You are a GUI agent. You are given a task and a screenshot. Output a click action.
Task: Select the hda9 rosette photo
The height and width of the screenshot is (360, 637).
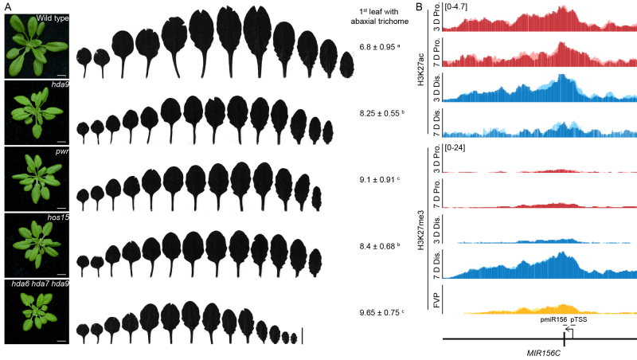click(x=37, y=111)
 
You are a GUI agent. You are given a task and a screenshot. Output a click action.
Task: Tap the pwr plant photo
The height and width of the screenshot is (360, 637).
click(x=37, y=178)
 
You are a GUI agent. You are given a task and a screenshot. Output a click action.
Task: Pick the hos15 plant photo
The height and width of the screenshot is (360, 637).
click(x=37, y=245)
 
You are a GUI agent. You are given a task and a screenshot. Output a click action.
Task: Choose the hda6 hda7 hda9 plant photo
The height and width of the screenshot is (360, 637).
click(x=37, y=311)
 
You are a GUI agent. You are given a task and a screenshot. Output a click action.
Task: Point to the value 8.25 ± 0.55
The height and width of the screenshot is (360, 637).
click(x=382, y=115)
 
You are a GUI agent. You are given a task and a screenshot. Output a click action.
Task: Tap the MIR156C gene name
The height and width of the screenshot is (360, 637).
click(x=533, y=351)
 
